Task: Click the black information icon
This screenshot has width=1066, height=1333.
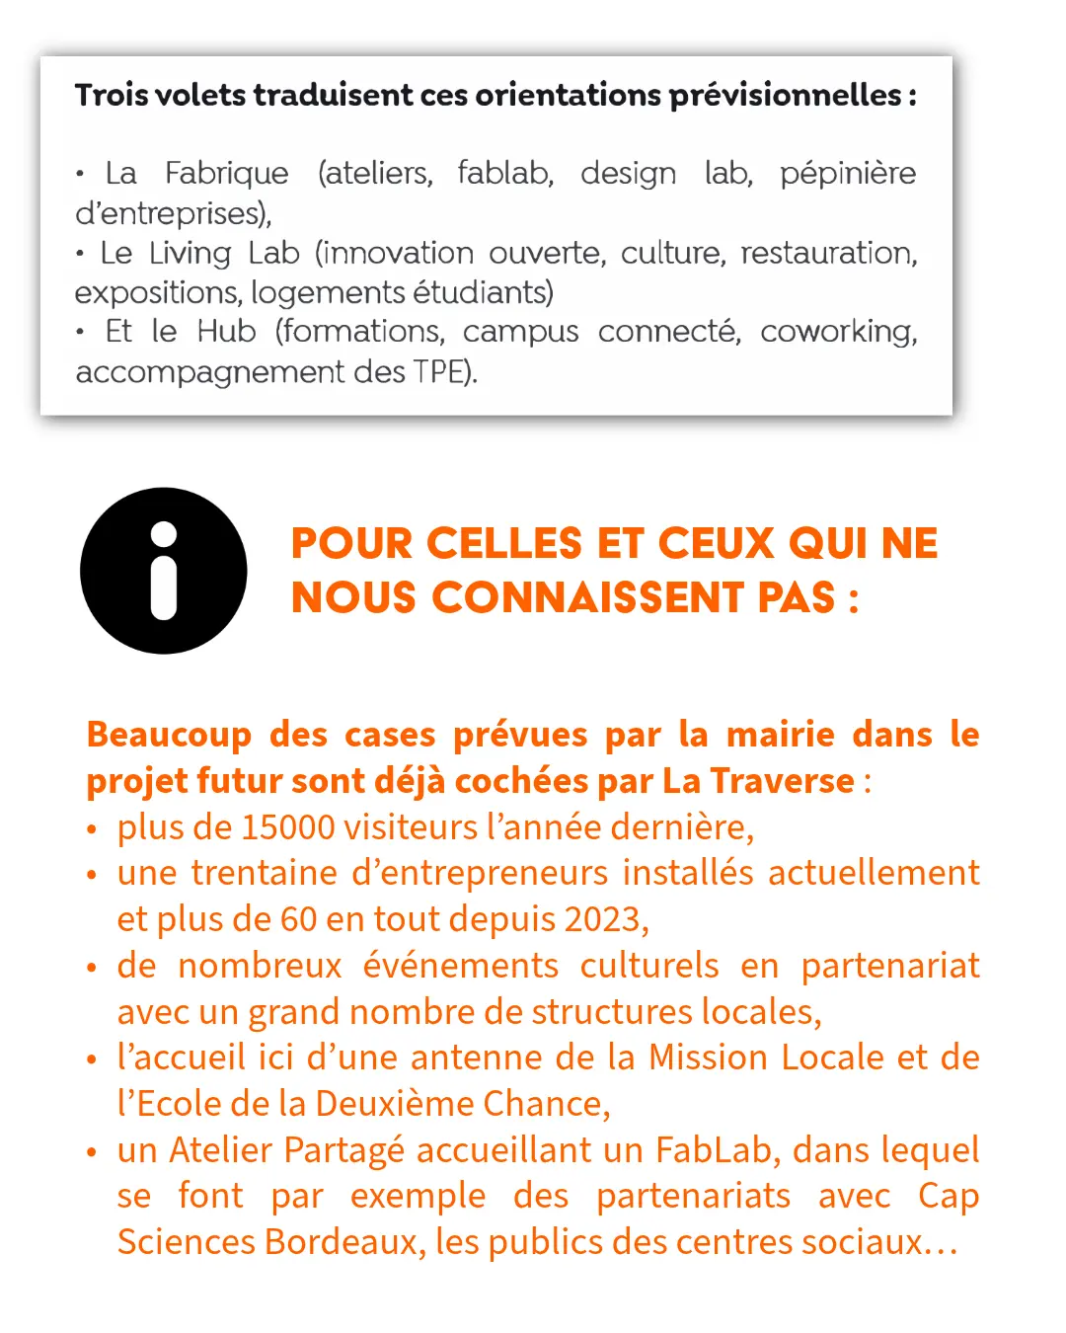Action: click(x=164, y=571)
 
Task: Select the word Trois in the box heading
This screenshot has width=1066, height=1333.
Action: click(x=112, y=95)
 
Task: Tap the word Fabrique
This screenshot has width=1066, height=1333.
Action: click(x=226, y=173)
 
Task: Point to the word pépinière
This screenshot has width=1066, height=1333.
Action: click(x=847, y=174)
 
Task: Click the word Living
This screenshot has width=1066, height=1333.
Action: click(x=190, y=253)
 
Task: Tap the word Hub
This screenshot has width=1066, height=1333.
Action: click(x=226, y=332)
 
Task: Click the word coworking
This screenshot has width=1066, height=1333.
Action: click(x=838, y=332)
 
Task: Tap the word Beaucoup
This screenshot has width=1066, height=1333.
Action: click(x=169, y=735)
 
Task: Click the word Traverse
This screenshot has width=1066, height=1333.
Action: click(x=782, y=781)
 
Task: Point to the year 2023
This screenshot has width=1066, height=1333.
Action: click(x=604, y=919)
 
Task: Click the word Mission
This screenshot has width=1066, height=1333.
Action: click(x=708, y=1058)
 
